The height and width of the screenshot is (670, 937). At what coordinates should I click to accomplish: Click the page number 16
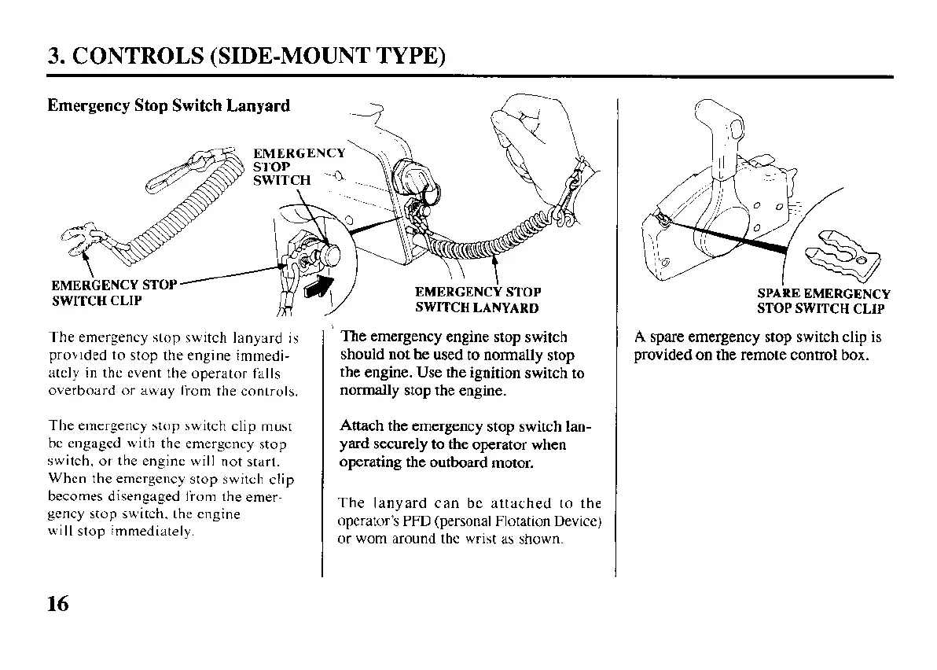coord(58,604)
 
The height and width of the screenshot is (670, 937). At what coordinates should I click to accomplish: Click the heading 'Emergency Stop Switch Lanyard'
coord(168,105)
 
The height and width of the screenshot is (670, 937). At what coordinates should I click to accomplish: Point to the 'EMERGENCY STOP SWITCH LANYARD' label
coord(477,300)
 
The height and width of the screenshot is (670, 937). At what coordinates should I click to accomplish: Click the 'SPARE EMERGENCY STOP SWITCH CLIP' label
coord(823,301)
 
